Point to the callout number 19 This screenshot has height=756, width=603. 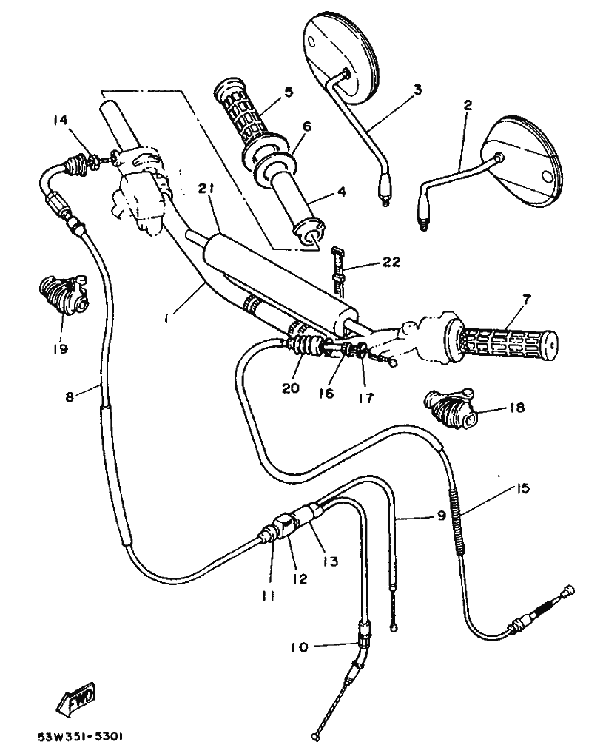pos(60,348)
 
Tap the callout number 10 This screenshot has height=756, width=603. pos(298,648)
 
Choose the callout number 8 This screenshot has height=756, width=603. pos(70,397)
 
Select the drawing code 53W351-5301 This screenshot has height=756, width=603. pos(81,738)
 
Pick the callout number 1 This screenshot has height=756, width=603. pos(168,317)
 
